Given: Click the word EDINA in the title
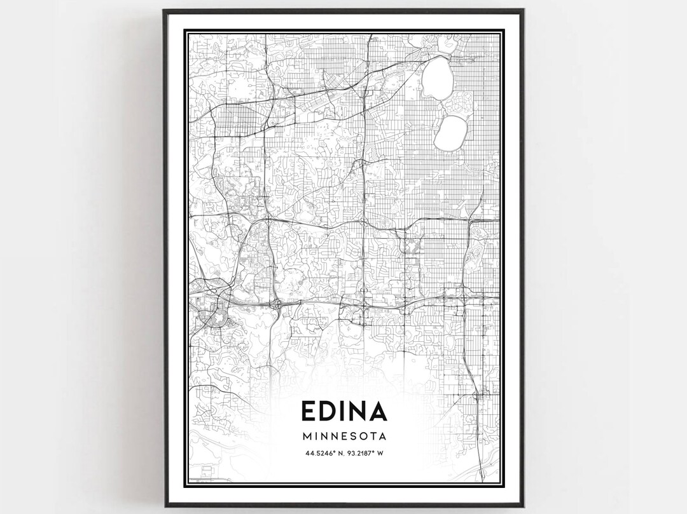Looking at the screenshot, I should [x=344, y=412].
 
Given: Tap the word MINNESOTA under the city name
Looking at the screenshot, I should [x=344, y=436].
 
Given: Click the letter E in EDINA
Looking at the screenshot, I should [x=309, y=412].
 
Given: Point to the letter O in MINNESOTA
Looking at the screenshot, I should [x=362, y=436].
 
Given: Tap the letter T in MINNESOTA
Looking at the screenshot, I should [x=372, y=436].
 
